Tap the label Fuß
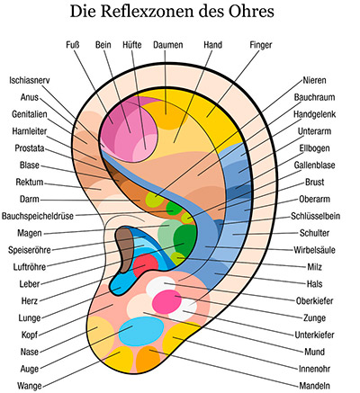73,45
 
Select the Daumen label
168,45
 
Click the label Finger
261,45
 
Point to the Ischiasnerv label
30,80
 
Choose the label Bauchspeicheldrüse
38,216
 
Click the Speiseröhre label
30,250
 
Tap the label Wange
30,386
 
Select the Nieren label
314,80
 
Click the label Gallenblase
314,165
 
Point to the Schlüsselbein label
316,216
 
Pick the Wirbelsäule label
314,250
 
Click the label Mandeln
314,386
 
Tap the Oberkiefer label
314,300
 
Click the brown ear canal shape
125,248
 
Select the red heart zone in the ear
146,265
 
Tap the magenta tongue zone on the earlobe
166,301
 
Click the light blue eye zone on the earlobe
141,332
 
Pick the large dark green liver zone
184,240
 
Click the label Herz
30,300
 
